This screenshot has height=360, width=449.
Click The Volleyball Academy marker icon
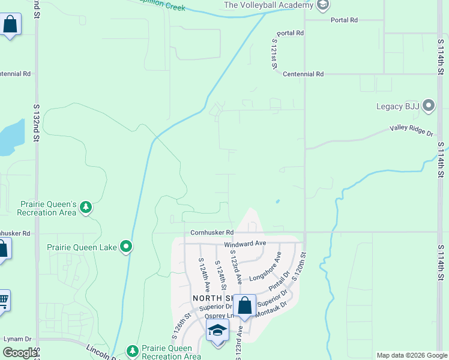tap(323, 5)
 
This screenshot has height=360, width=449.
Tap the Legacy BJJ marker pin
tap(428, 106)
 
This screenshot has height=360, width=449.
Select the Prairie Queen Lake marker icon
tap(126, 247)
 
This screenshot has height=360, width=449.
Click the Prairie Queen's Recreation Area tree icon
tap(86, 208)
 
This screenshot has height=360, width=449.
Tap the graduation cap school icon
tap(217, 330)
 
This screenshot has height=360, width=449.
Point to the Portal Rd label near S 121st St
tap(291, 33)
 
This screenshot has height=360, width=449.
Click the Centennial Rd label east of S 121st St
tap(303, 74)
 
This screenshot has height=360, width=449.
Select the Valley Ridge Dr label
tap(411, 129)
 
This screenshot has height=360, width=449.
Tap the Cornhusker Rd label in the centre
tap(211, 232)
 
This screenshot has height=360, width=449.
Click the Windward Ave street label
tap(245, 244)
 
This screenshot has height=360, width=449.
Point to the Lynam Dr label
tap(17, 339)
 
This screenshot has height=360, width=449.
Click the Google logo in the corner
tap(19, 353)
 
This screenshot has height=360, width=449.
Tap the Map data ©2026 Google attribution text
tap(412, 355)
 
